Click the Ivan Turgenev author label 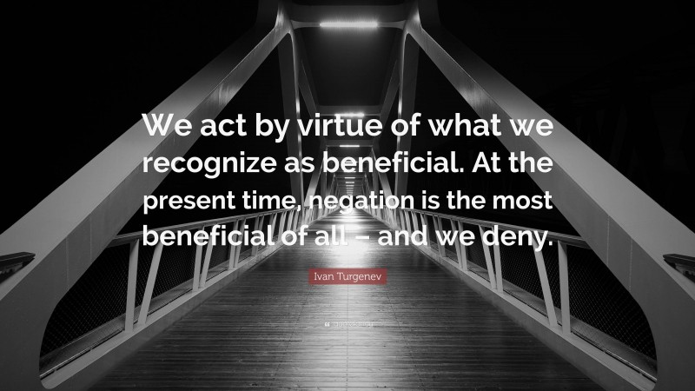tap(347, 276)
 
